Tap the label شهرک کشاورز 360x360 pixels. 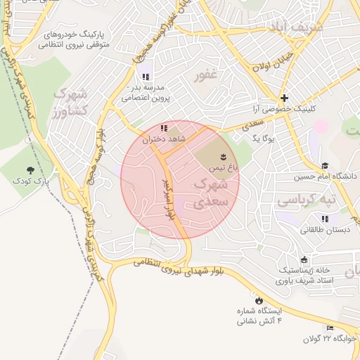(70, 103)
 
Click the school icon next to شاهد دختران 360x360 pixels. (164, 128)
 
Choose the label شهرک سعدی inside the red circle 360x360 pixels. (211, 193)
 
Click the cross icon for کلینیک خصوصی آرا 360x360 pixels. (284, 98)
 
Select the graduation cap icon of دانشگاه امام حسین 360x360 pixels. (325, 165)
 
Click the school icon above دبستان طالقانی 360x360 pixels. (324, 219)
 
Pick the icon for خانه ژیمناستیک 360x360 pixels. (303, 259)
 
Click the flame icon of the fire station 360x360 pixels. (259, 300)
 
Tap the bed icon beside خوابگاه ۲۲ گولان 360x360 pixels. (330, 327)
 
